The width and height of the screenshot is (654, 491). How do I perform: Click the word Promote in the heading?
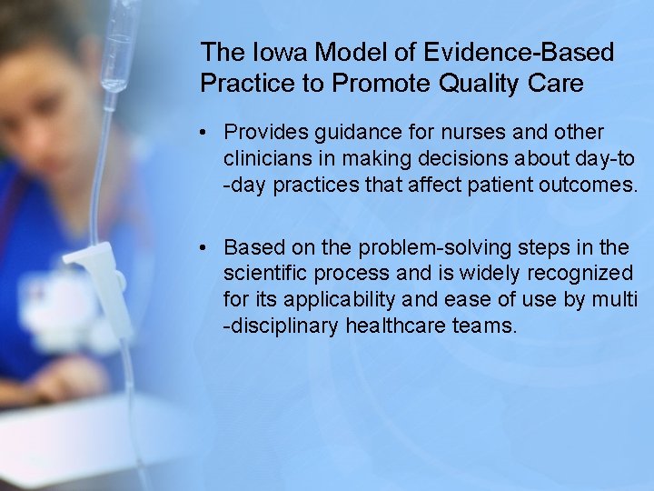377,83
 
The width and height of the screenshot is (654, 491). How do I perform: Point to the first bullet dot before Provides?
208,134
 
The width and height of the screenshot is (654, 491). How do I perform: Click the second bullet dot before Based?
208,248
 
